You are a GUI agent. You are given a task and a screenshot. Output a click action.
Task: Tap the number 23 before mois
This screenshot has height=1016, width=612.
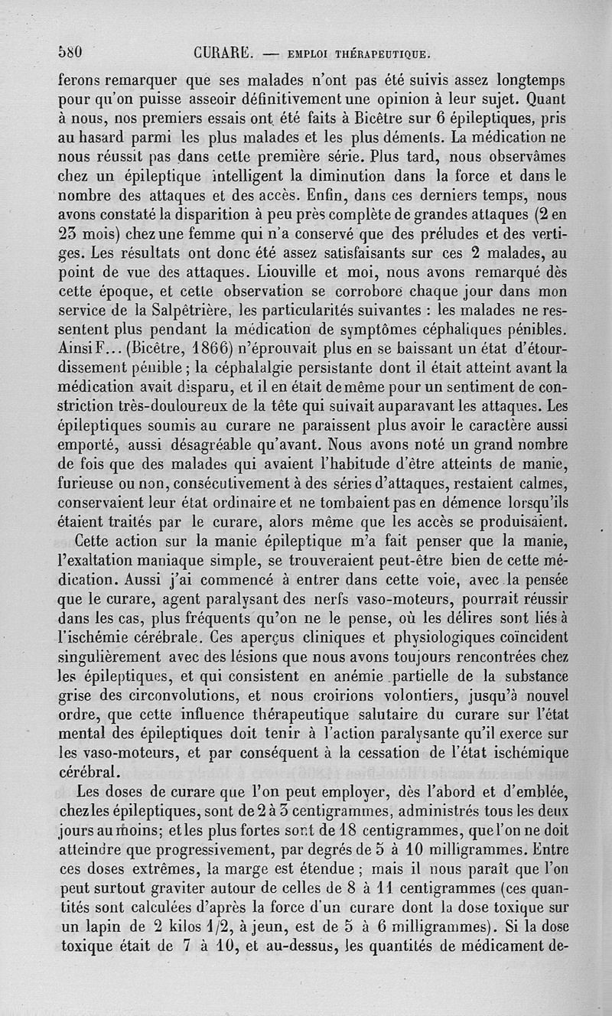71,235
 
